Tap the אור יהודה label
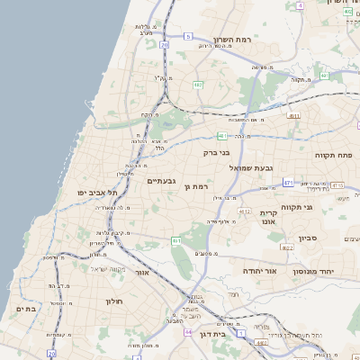[260, 269]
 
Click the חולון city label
[113, 301]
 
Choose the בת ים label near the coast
[25, 309]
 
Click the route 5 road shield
[188, 36]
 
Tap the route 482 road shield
[197, 85]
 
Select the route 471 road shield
[288, 183]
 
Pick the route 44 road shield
[188, 333]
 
